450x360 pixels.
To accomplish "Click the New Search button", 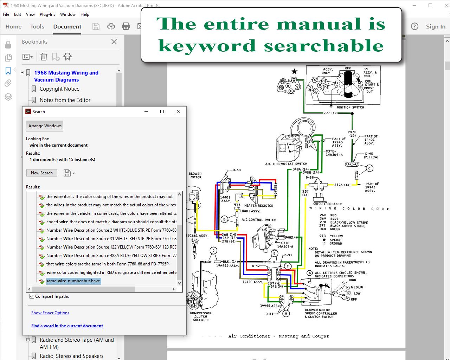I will pos(41,173).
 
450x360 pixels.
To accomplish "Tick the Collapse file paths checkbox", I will pos(32,296).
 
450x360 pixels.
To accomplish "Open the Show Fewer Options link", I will pos(50,313).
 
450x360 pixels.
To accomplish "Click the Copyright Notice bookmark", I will pos(59,89).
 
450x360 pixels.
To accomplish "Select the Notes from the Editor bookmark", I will pos(65,100).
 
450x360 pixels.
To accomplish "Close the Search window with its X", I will pos(178,111).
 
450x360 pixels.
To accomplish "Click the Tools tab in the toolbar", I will pos(37,27).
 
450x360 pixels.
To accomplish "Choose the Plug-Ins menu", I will pos(47,14).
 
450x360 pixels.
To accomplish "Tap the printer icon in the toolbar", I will pos(126,26).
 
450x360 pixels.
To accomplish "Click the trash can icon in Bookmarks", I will pos(44,57).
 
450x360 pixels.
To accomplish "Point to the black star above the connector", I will pos(295,72).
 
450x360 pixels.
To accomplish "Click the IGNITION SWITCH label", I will pos(350,108).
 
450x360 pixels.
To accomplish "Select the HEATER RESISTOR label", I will pos(259,206).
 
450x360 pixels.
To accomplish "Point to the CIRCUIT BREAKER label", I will pos(327,204).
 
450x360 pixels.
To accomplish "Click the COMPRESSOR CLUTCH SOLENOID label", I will pos(201,316).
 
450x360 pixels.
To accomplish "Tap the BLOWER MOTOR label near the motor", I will pos(195,175).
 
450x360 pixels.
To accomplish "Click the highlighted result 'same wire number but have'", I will pos(73,281).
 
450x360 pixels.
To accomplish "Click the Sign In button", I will pos(436,27).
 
